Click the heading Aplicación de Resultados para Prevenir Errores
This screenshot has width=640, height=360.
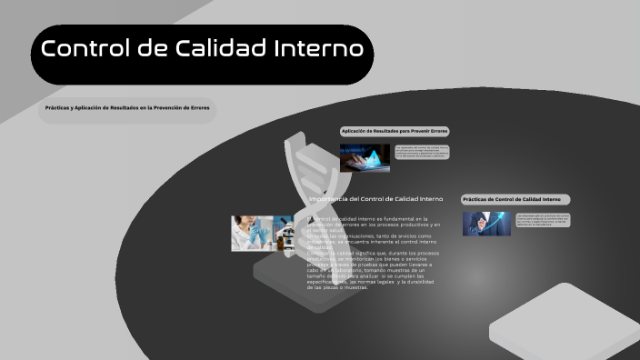[x=395, y=132]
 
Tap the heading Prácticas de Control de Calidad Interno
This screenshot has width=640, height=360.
[x=515, y=199]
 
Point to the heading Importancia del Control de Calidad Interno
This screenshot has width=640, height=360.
[x=375, y=198]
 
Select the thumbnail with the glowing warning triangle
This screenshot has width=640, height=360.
[x=365, y=157]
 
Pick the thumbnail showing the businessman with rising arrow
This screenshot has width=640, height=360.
[x=486, y=223]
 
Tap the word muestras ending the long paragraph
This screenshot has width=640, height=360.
[x=354, y=286]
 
